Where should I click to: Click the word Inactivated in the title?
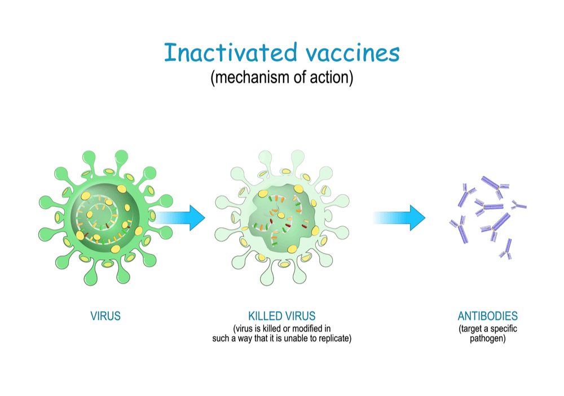pyautogui.click(x=231, y=52)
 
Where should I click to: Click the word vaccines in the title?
pyautogui.click(x=353, y=54)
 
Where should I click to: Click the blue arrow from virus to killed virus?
pyautogui.click(x=179, y=218)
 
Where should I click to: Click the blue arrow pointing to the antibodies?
pyautogui.click(x=399, y=218)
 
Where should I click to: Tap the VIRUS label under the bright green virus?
pyautogui.click(x=105, y=316)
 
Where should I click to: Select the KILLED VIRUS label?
pyautogui.click(x=281, y=316)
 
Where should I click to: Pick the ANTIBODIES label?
pyautogui.click(x=487, y=316)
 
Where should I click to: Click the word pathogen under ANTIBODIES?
pyautogui.click(x=487, y=338)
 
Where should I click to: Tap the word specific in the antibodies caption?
pyautogui.click(x=504, y=328)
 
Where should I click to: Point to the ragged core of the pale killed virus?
pyautogui.click(x=283, y=217)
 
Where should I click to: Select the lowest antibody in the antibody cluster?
pyautogui.click(x=506, y=249)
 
